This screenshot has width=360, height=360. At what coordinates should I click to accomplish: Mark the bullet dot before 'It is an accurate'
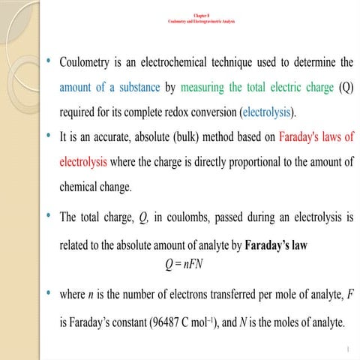point(49,137)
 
